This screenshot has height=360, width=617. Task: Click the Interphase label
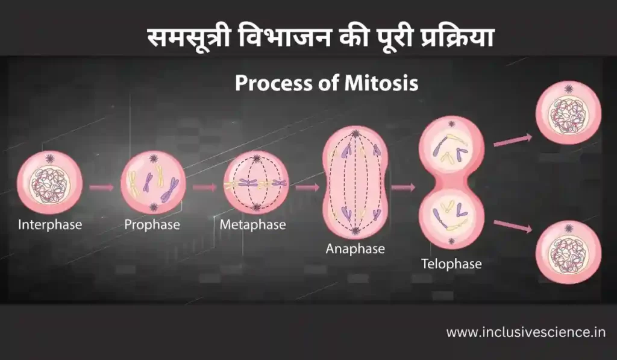click(x=50, y=224)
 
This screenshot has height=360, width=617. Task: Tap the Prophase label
click(x=152, y=224)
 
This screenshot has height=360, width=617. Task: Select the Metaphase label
click(x=252, y=224)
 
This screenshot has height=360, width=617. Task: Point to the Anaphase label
click(x=355, y=248)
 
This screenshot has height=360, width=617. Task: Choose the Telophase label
click(x=451, y=264)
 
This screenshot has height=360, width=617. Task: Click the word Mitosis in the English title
click(x=381, y=83)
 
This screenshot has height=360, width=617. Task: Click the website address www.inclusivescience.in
click(x=525, y=332)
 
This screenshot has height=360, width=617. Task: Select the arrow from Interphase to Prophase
click(x=101, y=187)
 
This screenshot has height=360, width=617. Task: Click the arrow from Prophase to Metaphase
click(x=205, y=187)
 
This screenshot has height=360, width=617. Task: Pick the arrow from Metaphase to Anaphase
click(x=307, y=187)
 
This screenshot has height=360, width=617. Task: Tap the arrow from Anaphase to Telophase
click(x=403, y=187)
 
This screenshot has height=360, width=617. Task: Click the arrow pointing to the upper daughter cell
click(x=513, y=141)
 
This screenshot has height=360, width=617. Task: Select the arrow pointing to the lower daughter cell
click(x=513, y=226)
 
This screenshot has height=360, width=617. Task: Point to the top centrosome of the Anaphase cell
click(x=355, y=133)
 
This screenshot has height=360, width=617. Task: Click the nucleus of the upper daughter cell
click(x=568, y=116)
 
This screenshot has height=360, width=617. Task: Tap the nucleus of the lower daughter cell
click(x=568, y=254)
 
